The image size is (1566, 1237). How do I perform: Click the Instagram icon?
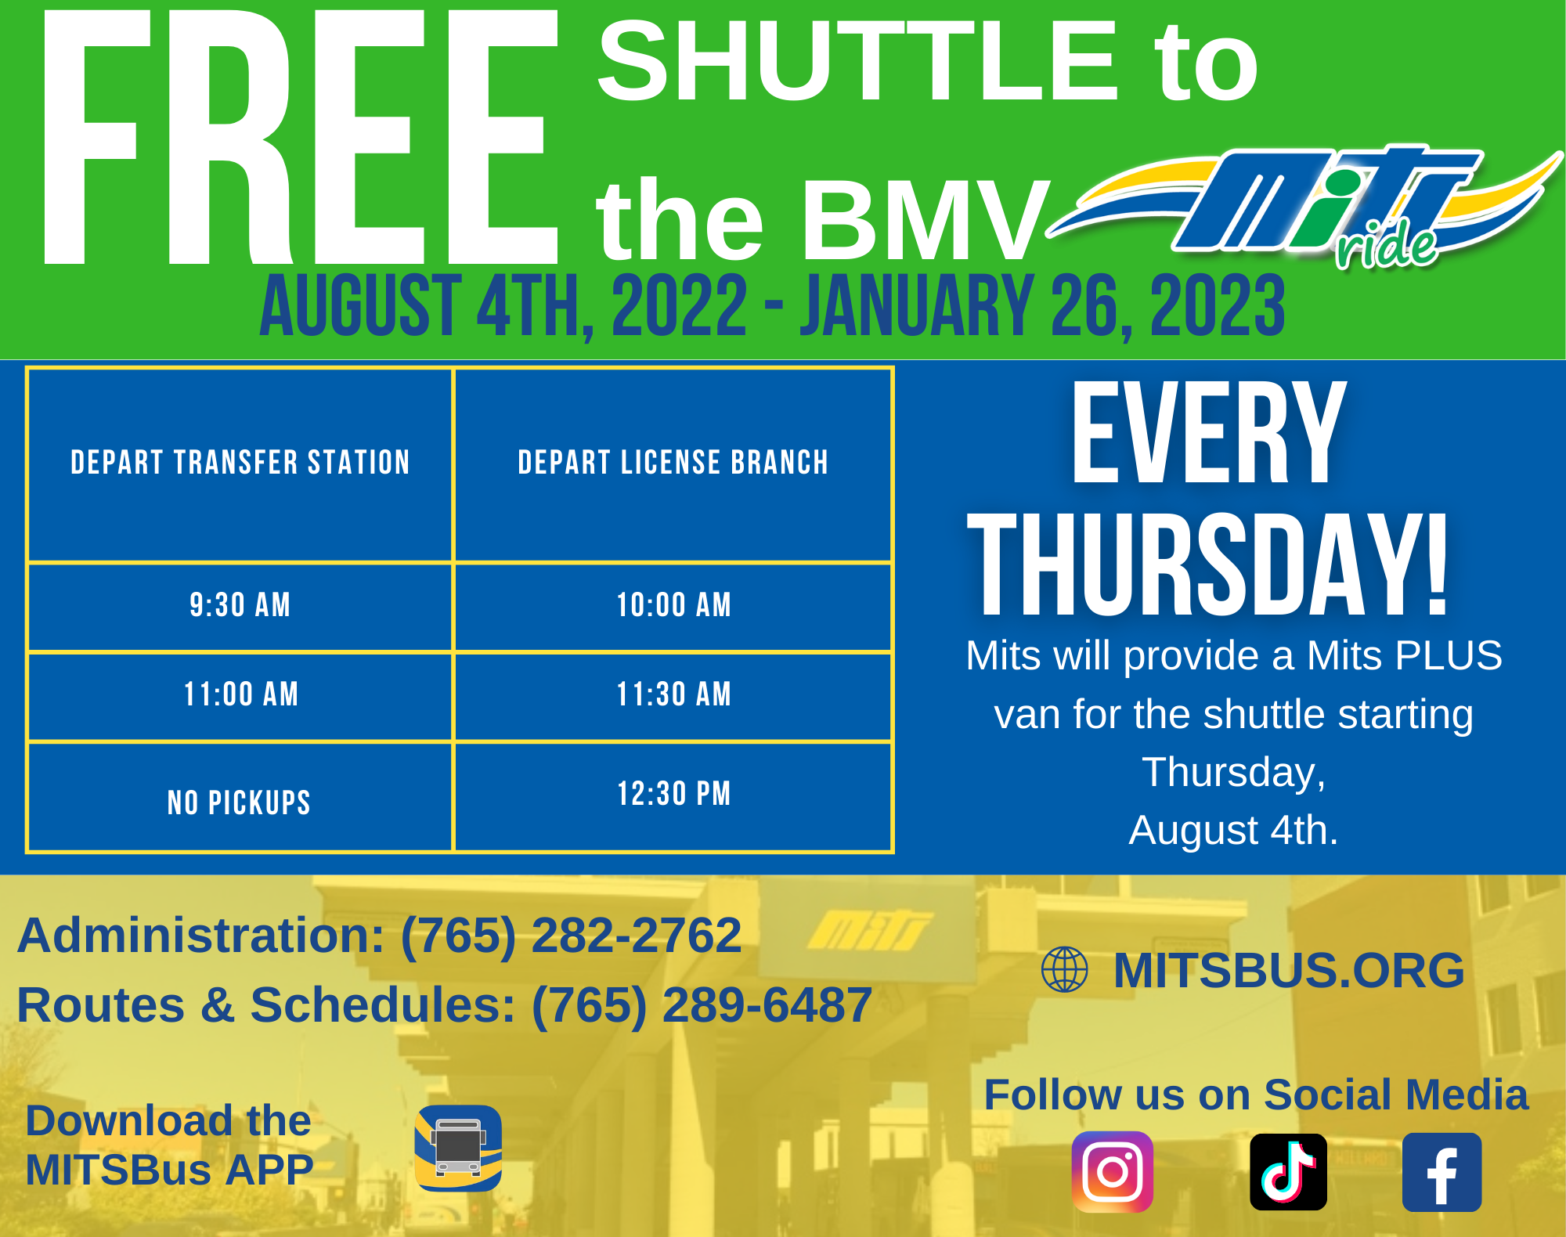coord(1112,1171)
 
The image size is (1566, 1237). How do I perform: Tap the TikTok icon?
coord(1288,1171)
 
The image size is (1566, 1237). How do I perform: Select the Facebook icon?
coord(1442,1172)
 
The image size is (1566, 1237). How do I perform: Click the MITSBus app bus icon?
coord(458,1148)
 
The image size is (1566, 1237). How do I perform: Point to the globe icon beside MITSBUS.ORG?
coord(1064,969)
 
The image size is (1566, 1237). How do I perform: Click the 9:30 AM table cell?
coord(240,605)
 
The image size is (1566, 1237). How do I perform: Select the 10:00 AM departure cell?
coord(673,605)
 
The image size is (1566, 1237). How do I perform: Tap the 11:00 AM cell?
coord(240,694)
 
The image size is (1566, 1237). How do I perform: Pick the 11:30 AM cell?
coord(673,694)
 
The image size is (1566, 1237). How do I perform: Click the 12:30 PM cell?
coord(673,794)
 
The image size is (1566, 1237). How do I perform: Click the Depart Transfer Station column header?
coord(240,463)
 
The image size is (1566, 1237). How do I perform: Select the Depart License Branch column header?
coord(673,463)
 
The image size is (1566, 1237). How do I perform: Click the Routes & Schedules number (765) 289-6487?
coord(702,1004)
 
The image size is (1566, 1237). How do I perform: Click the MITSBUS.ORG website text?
coord(1288,970)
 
